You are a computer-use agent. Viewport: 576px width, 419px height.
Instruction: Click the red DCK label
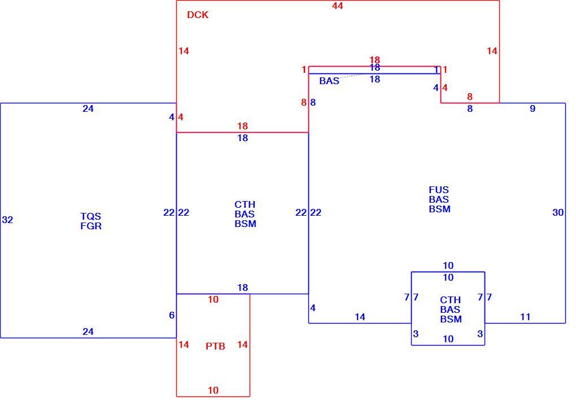tap(198, 15)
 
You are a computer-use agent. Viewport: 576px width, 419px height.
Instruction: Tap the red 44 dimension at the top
tap(337, 6)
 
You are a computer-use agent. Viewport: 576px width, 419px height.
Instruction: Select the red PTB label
tap(215, 346)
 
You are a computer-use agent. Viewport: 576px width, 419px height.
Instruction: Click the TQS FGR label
tap(91, 221)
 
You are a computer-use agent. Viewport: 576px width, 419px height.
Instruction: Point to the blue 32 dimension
tap(7, 220)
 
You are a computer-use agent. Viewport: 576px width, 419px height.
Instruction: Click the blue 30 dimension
tap(557, 212)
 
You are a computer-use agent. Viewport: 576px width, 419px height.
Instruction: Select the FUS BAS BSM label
tap(439, 199)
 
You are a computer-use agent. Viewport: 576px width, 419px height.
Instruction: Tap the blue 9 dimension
tap(533, 108)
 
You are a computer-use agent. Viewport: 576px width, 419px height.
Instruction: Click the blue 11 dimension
tap(525, 317)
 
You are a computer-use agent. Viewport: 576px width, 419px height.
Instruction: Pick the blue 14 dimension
tap(360, 317)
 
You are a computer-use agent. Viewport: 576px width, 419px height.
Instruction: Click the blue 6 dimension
tap(172, 315)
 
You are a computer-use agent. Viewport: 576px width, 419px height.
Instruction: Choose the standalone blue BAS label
tap(329, 81)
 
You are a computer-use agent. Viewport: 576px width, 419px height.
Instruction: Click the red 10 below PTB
tap(213, 390)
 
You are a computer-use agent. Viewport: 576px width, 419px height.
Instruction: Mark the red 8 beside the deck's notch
tap(470, 97)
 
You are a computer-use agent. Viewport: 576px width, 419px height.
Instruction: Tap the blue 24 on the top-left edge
tap(88, 108)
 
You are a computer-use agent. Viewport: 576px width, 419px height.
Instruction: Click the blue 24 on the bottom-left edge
tap(88, 331)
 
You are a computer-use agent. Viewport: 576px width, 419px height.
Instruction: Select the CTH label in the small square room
tap(451, 300)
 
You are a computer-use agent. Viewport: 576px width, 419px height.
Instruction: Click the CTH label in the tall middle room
tap(245, 204)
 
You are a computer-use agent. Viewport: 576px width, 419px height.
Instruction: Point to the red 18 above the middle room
tap(242, 126)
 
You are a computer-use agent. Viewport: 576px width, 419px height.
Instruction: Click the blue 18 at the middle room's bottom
tap(242, 287)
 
